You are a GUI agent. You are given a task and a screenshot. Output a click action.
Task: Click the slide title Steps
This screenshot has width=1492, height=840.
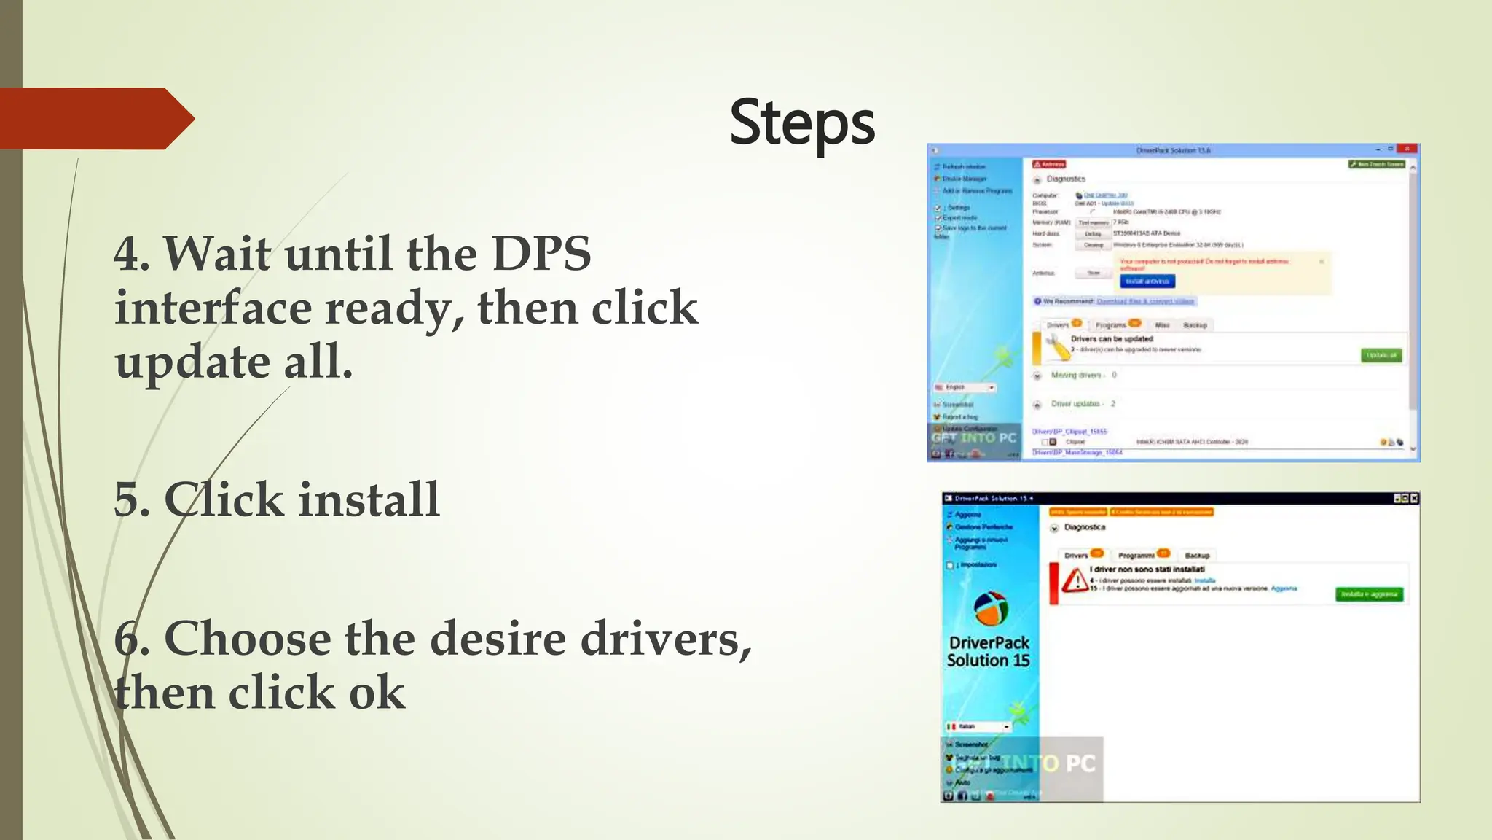801,122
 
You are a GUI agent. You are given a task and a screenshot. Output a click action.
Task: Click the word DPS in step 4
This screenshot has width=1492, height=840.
541,254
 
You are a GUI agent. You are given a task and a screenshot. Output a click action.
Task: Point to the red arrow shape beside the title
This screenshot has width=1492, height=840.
95,119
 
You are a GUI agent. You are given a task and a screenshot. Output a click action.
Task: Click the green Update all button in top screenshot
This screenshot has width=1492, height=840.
1381,355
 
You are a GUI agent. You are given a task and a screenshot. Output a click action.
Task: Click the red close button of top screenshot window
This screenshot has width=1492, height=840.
1407,149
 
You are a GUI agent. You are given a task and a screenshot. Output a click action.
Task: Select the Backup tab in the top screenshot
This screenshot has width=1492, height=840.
1195,325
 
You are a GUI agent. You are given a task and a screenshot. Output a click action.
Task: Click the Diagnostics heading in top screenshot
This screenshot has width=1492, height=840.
1065,179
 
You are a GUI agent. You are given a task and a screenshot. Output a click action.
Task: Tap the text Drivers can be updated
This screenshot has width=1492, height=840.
1112,339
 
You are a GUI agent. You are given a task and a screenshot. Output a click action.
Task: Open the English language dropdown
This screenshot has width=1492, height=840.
965,387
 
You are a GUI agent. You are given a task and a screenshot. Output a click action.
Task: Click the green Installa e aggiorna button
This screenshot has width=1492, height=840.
1369,594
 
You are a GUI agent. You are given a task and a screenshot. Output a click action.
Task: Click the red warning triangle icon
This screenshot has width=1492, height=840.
1074,580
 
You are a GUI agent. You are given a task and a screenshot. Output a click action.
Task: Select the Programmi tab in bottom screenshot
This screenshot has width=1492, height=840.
1137,555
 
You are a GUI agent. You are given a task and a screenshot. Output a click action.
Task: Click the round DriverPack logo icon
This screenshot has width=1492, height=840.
991,609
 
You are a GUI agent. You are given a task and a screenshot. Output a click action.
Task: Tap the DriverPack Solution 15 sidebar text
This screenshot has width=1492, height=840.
989,651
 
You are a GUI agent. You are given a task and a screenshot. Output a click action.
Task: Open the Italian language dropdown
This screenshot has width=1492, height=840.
978,726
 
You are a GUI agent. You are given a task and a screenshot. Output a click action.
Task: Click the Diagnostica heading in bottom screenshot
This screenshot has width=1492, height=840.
1084,527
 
